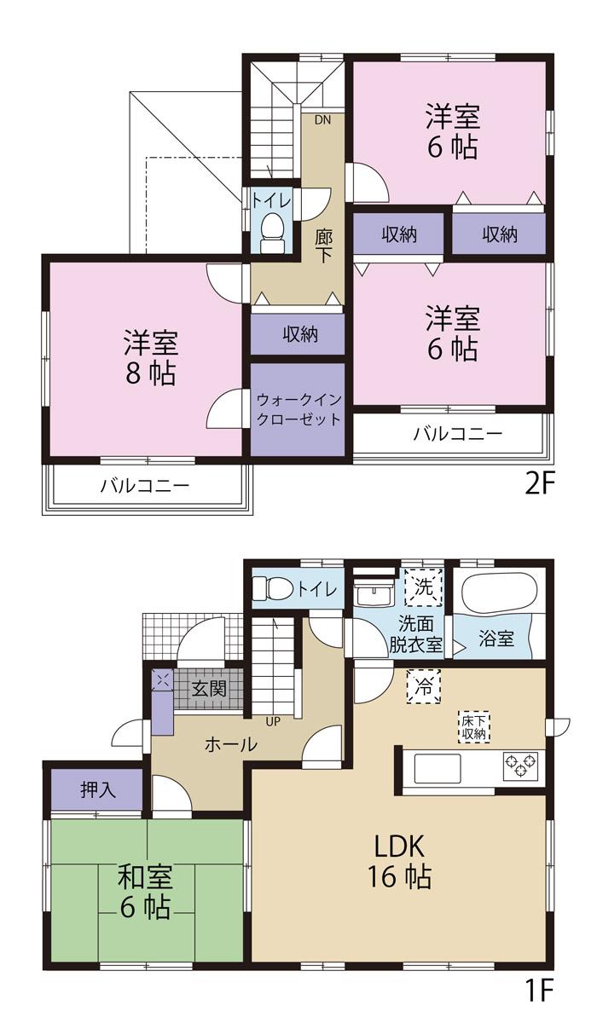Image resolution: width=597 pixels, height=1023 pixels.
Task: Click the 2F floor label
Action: (x=539, y=484)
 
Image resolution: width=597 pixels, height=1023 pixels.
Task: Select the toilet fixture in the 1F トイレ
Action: (x=275, y=588)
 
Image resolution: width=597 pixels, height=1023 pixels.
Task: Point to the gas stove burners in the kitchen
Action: (x=520, y=765)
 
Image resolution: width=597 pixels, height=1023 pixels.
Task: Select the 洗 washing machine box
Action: (x=424, y=587)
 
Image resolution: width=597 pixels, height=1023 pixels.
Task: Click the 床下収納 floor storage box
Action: (x=475, y=725)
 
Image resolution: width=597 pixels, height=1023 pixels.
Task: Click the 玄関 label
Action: (x=208, y=689)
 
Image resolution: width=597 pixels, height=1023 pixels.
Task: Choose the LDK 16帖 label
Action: (x=398, y=860)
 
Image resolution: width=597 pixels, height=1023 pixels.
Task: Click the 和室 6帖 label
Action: (x=146, y=891)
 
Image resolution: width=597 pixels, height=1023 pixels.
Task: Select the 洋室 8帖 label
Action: (x=150, y=358)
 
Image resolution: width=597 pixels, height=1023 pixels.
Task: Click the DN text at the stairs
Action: (x=322, y=119)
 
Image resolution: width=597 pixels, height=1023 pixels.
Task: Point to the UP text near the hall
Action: (x=273, y=722)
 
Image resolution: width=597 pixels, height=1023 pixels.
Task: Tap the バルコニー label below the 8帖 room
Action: (x=144, y=487)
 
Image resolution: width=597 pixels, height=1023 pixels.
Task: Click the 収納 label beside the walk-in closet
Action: (x=298, y=334)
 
